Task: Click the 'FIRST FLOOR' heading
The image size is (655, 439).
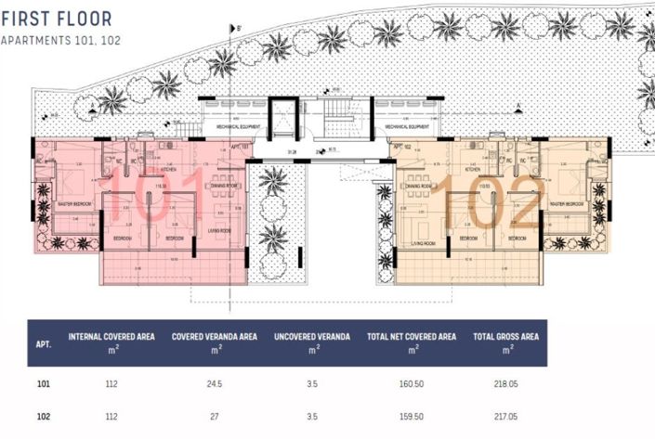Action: (57, 19)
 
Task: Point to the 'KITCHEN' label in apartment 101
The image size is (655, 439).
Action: (168, 171)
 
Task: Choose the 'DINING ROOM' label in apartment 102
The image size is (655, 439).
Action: (421, 186)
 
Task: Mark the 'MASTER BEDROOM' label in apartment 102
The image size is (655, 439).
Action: (565, 204)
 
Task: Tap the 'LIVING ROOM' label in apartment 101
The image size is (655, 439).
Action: (219, 229)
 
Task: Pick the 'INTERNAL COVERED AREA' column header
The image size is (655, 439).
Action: (111, 336)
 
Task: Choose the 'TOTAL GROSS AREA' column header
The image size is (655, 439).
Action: (505, 336)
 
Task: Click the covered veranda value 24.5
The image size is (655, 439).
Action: (215, 382)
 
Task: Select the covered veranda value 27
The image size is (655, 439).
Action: (215, 417)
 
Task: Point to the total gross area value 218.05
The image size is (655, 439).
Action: (505, 382)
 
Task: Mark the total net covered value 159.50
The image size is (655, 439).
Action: (411, 417)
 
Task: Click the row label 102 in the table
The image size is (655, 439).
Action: (43, 417)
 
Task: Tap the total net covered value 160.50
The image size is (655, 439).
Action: (411, 382)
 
